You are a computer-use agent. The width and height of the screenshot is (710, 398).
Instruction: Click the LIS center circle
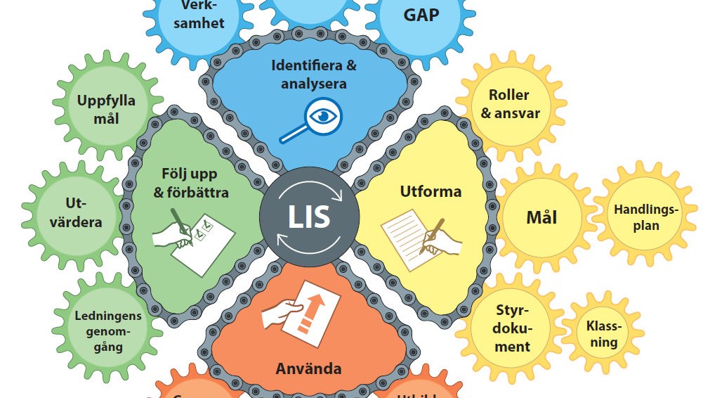(x=308, y=216)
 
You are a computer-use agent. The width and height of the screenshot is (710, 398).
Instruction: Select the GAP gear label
(x=421, y=15)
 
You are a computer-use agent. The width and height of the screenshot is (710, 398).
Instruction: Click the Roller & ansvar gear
(x=509, y=103)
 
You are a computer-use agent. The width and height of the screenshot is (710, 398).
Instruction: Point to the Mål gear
(x=541, y=217)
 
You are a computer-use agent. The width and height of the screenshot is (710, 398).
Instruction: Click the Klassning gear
(x=603, y=334)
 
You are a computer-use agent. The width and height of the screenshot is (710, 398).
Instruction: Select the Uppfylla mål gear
(x=106, y=110)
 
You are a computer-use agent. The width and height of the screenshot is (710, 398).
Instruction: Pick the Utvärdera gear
(x=79, y=213)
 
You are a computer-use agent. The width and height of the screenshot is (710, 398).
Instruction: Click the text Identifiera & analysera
(x=314, y=74)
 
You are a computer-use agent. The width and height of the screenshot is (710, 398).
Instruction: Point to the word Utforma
(x=430, y=191)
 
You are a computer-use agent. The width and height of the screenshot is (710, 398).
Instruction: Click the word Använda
(x=308, y=368)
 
